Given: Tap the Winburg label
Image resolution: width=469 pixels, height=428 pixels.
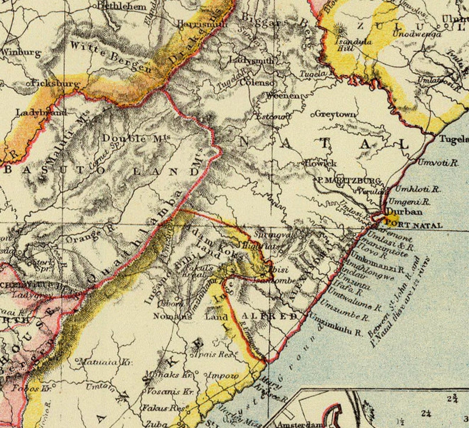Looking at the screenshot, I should (x=21, y=52).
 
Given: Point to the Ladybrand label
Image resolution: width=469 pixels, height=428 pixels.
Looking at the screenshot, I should (x=41, y=113).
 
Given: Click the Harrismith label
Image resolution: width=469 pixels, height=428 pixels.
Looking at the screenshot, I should (x=202, y=24).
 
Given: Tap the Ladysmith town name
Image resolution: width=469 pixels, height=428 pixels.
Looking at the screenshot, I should (x=251, y=60).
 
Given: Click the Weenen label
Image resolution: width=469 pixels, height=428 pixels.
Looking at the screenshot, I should (x=283, y=96).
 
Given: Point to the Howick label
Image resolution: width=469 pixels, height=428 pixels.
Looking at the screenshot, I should (x=320, y=163).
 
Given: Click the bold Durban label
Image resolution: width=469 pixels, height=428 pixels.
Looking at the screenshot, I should (x=404, y=211).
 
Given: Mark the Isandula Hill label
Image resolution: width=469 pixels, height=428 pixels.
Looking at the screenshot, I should (x=353, y=44).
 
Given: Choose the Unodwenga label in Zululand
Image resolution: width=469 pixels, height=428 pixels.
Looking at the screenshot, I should (x=417, y=34).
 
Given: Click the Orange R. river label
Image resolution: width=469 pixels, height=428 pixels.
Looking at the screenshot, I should (x=87, y=235).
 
